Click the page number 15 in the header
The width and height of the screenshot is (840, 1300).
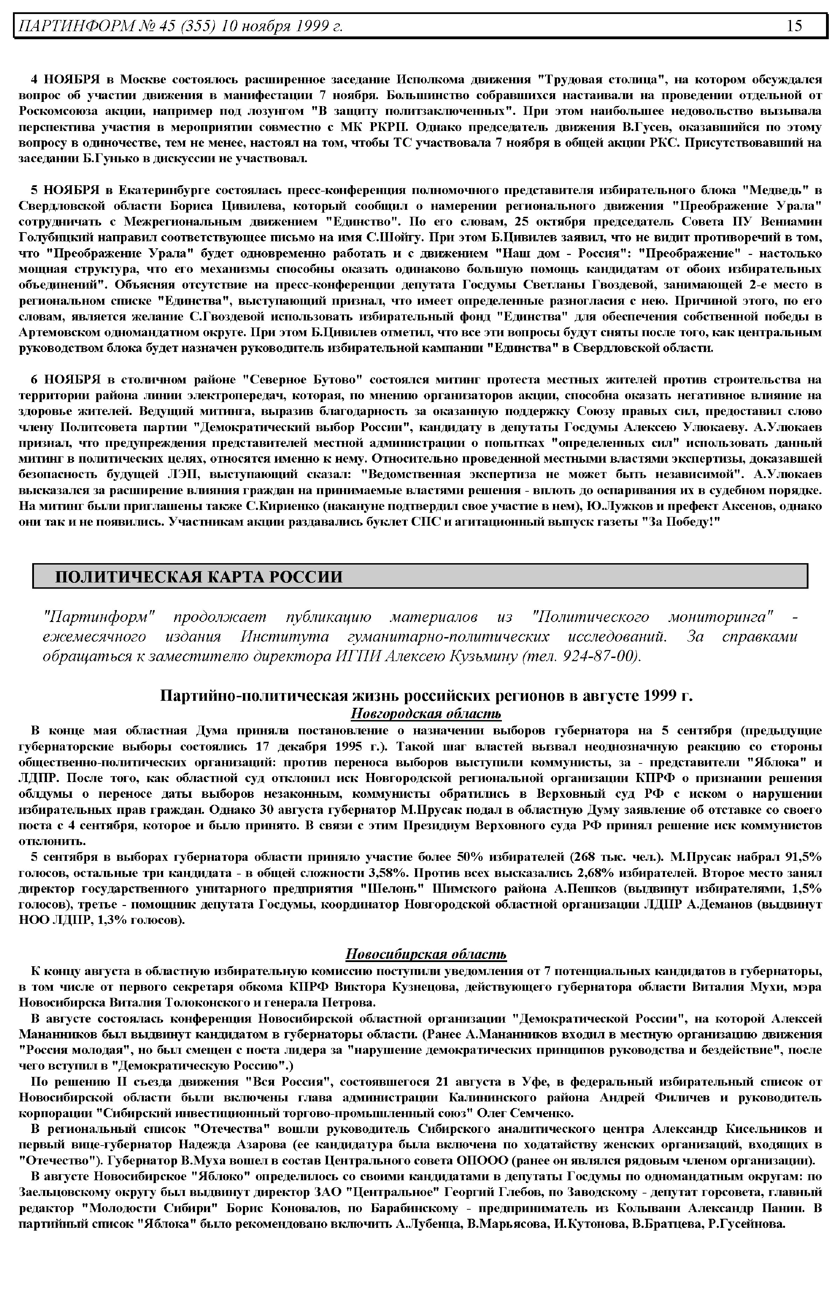coord(794,26)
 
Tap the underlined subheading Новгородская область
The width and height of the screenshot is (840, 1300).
coord(426,714)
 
